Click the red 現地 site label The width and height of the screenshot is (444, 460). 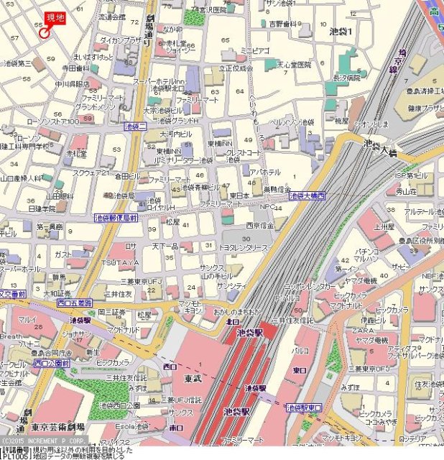pos(55,18)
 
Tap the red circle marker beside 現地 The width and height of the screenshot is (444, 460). pos(45,32)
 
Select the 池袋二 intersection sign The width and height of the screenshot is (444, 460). pos(134,126)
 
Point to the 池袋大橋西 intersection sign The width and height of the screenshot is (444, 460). pos(307,195)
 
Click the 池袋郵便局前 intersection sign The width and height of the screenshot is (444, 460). pos(116,217)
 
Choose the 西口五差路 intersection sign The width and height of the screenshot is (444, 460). pos(75,303)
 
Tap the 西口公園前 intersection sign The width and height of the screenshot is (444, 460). pos(51,364)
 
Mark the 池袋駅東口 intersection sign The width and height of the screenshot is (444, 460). pos(305,407)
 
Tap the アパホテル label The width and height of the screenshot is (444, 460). pos(264,172)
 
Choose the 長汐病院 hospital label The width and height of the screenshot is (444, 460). pos(346,77)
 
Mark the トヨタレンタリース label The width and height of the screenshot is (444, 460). pos(243,247)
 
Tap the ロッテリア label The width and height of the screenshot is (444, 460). pos(412,438)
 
